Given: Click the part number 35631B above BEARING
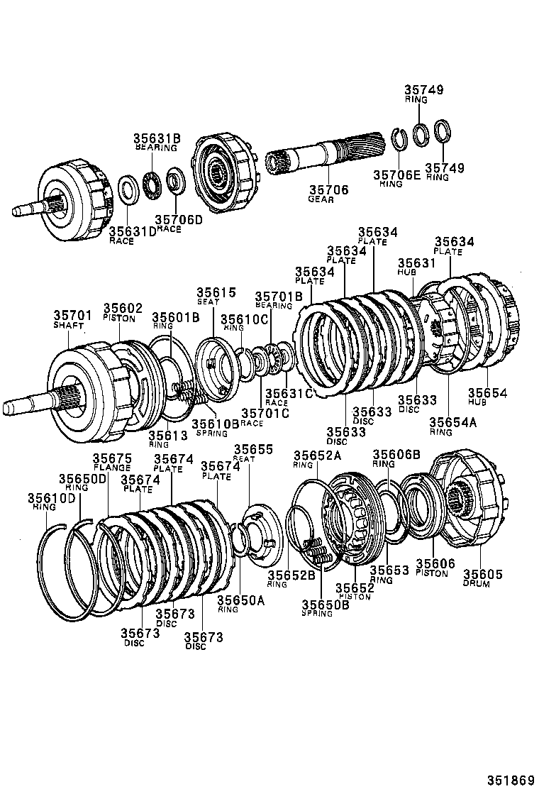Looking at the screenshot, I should click(155, 138).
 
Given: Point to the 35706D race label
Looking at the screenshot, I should click(178, 224).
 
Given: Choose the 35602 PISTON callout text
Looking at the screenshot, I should click(123, 313).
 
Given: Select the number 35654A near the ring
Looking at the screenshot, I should click(452, 426).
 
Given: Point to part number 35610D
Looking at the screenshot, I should click(51, 502).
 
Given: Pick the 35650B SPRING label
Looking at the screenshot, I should click(325, 608).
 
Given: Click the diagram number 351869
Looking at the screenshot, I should click(510, 779).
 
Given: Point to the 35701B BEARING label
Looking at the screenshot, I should click(278, 300).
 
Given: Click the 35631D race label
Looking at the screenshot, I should click(132, 236).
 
